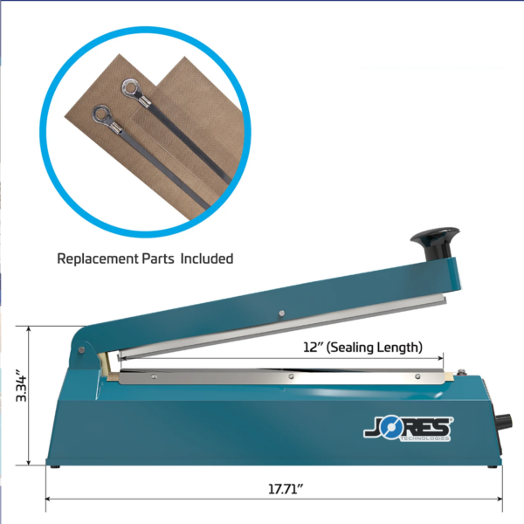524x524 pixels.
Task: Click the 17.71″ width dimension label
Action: click(x=286, y=489)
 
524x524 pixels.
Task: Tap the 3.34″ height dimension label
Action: click(x=21, y=385)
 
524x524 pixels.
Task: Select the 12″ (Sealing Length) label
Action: click(x=362, y=348)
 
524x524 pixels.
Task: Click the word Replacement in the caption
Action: click(x=98, y=259)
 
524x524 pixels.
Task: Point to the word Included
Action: click(x=207, y=259)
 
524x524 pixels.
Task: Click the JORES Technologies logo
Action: click(x=409, y=428)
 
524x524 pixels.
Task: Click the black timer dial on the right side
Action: click(x=504, y=421)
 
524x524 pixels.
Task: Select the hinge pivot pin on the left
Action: click(x=81, y=350)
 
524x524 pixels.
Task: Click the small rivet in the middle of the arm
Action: click(x=282, y=314)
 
